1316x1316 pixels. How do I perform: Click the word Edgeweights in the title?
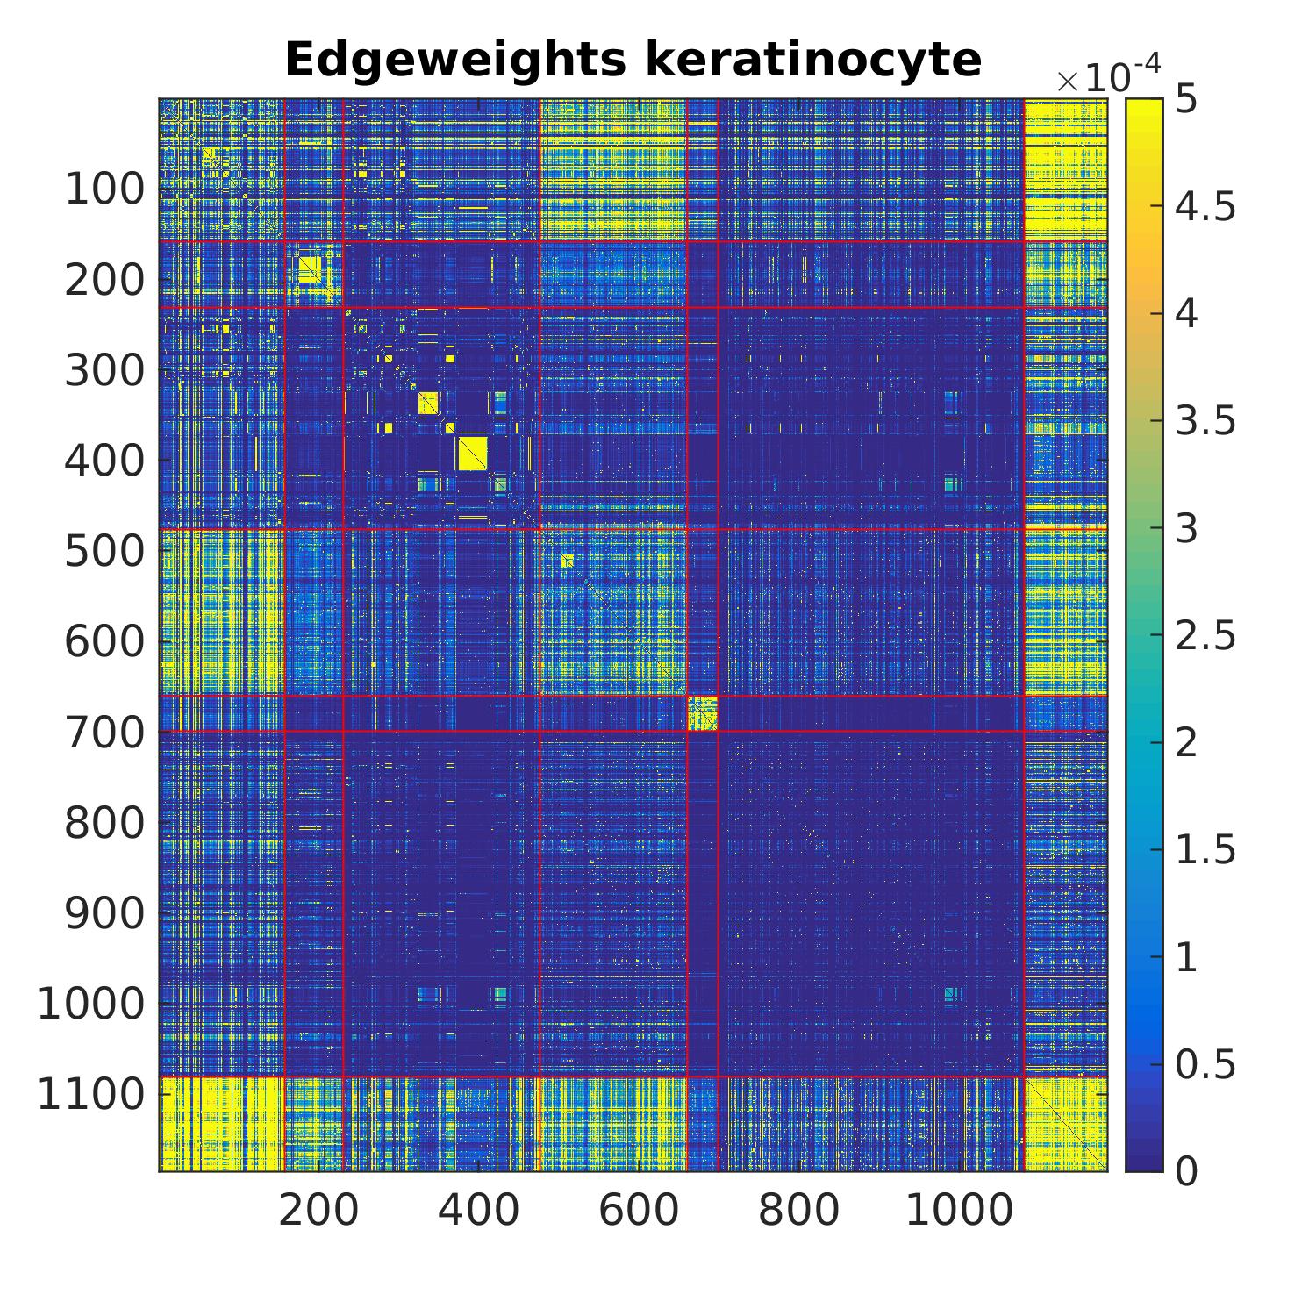[x=455, y=61]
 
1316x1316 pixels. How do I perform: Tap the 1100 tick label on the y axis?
[x=90, y=1094]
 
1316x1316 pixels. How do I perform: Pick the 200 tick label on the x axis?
[x=318, y=1211]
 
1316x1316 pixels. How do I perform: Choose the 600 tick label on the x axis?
[x=639, y=1211]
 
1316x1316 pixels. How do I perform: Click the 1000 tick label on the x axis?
[x=958, y=1211]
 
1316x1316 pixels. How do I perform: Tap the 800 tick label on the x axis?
[x=798, y=1211]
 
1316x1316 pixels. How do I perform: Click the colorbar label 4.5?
[x=1205, y=207]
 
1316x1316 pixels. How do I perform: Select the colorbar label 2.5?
[x=1205, y=635]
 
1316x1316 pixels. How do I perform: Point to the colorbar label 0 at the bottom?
[x=1185, y=1170]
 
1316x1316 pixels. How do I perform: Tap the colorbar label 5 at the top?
[x=1185, y=100]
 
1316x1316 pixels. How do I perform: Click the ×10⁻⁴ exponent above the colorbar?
[x=1108, y=77]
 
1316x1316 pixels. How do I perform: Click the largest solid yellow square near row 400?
[x=472, y=453]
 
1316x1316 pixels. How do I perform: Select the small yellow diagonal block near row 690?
[x=702, y=713]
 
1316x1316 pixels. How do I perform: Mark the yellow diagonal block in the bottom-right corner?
[x=1065, y=1124]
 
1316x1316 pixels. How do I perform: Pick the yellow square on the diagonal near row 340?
[x=428, y=403]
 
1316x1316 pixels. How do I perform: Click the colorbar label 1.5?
[x=1205, y=849]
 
